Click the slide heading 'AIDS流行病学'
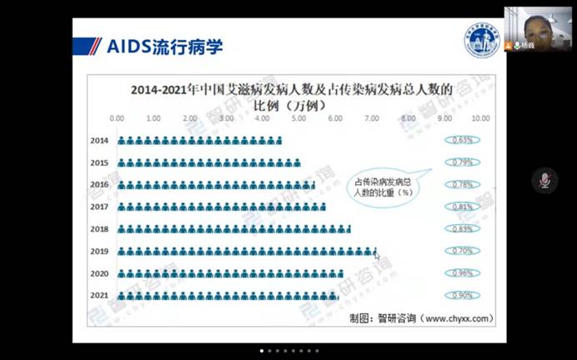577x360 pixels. (164, 46)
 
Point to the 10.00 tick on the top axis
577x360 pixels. (481, 118)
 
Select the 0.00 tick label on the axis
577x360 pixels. (117, 118)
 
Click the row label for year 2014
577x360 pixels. (98, 141)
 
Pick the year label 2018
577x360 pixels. (98, 228)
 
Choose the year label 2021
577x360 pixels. (98, 295)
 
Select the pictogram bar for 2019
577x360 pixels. (246, 251)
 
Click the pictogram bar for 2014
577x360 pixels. (198, 141)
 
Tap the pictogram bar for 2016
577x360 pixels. (215, 184)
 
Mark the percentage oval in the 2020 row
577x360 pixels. (463, 272)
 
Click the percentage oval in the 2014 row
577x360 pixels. (463, 140)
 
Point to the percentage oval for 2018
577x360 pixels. (463, 228)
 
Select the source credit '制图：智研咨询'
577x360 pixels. (422, 317)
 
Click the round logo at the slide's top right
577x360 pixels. (481, 40)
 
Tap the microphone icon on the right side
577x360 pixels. (544, 180)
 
